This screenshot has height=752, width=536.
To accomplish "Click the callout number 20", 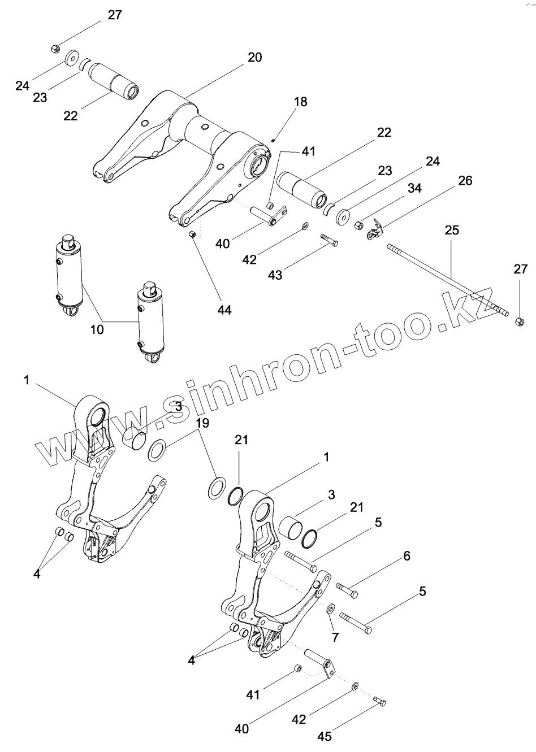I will (x=255, y=58).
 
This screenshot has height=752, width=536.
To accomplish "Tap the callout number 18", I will (x=300, y=102).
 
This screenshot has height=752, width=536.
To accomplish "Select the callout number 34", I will (x=414, y=189).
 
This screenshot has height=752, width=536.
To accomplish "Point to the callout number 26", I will (x=465, y=181).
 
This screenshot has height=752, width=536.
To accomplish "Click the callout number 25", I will (x=452, y=231).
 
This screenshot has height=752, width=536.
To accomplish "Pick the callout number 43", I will (x=275, y=275).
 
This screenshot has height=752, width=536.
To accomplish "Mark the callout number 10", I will (x=97, y=328).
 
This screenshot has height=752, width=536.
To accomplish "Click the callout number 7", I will (x=335, y=637).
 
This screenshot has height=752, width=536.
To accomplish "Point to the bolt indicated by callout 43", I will (x=329, y=240).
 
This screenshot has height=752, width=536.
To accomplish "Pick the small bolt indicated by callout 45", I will (x=380, y=701).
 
